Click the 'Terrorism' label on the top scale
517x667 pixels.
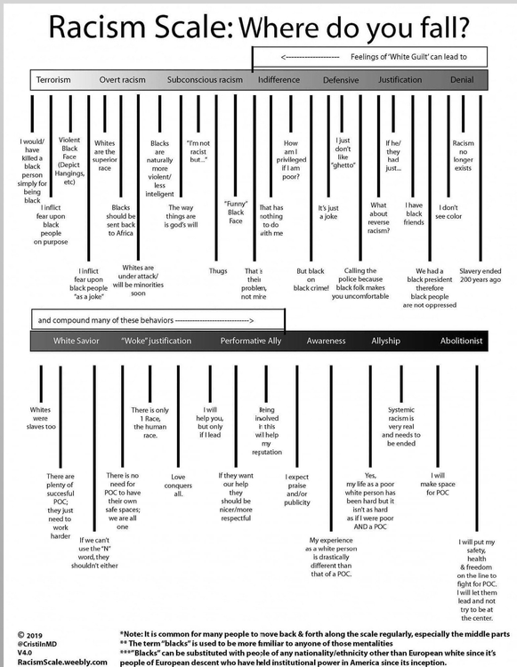[53, 80]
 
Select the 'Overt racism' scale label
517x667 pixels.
[122, 80]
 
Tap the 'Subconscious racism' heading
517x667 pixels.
[205, 80]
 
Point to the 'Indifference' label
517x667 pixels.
[279, 80]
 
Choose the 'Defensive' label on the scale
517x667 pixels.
[341, 80]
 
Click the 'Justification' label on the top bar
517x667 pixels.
[400, 80]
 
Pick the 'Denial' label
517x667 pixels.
[462, 80]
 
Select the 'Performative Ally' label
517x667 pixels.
[250, 341]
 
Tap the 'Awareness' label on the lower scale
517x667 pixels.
[327, 341]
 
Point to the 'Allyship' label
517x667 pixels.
[384, 341]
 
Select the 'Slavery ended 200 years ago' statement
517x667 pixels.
[481, 275]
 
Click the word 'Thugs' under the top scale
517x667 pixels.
[218, 270]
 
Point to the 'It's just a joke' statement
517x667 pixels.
[328, 213]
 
